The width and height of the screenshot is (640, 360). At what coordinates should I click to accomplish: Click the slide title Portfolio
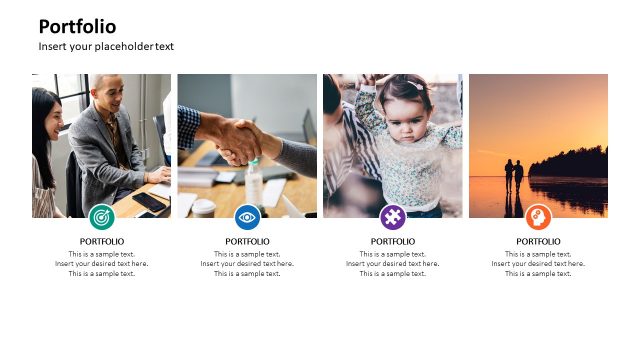[x=77, y=27]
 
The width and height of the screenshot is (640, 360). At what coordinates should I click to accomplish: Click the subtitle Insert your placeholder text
[x=106, y=47]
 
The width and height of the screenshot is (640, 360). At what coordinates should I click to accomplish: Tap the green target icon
[x=101, y=217]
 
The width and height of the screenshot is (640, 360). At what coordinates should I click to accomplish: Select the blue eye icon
[x=247, y=217]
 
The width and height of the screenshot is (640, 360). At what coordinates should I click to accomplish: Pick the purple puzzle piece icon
[x=393, y=217]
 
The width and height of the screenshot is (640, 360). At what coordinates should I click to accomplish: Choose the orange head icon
[x=538, y=217]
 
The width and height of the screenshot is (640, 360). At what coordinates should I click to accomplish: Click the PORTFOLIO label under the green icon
[x=102, y=242]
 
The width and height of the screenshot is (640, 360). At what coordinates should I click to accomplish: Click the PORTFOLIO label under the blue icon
[x=247, y=242]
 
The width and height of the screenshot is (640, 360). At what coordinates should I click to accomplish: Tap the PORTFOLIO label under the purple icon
[x=393, y=242]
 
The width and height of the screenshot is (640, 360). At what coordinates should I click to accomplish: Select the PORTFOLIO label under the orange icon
[x=538, y=242]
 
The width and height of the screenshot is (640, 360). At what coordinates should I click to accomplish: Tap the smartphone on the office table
[x=150, y=202]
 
